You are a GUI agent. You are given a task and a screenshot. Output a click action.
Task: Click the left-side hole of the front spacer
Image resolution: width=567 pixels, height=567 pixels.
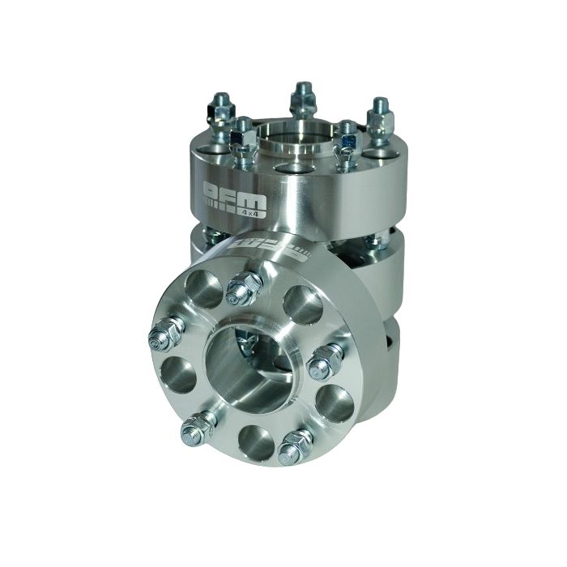tap(177, 375)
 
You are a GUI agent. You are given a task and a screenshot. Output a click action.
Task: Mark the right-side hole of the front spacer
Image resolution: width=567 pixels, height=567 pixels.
tap(334, 402)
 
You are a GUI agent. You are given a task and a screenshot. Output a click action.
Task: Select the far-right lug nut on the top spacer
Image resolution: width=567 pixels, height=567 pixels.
tap(379, 117)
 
